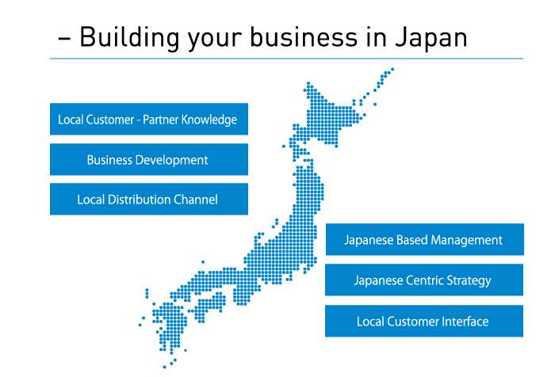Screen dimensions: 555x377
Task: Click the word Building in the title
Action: click(x=128, y=38)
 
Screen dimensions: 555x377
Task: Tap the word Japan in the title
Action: click(x=431, y=38)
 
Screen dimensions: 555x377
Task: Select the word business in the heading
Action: click(x=304, y=37)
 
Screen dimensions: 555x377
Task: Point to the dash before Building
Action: click(x=64, y=39)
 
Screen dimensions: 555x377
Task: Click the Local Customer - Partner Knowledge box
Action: click(x=149, y=119)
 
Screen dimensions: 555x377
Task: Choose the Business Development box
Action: click(x=149, y=159)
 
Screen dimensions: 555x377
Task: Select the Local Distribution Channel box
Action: click(x=149, y=199)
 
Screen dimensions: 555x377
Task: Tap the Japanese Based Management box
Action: click(x=425, y=239)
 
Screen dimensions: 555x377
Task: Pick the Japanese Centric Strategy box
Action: click(x=424, y=280)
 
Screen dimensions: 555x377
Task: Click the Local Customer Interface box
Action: click(x=424, y=321)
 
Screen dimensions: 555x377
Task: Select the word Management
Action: click(x=466, y=241)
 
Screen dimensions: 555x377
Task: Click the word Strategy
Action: click(x=469, y=281)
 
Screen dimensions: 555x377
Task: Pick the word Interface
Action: click(x=465, y=322)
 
